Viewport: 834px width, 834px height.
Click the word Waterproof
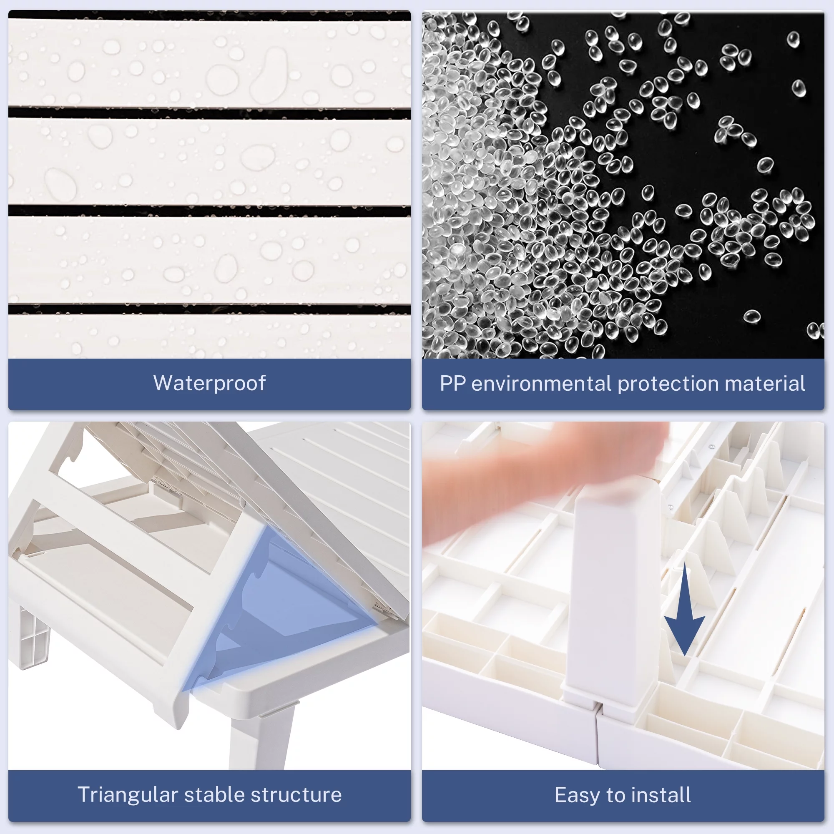209,383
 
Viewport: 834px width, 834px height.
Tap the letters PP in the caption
452,383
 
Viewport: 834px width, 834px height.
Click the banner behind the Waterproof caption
209,384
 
